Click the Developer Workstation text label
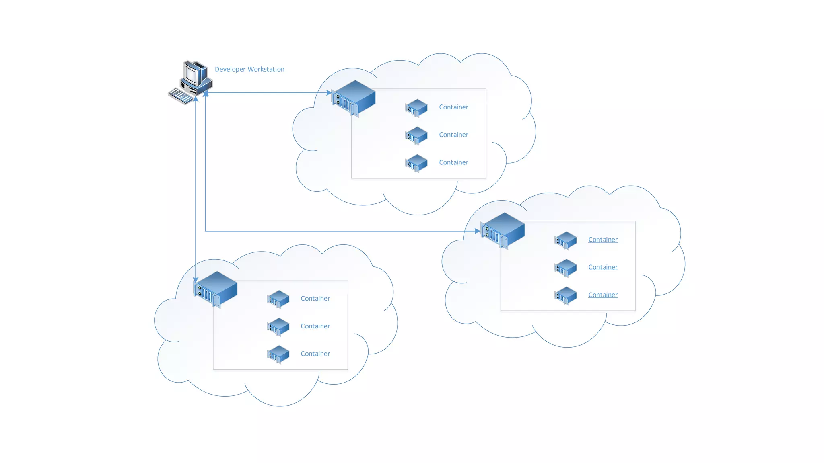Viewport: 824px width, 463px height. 249,69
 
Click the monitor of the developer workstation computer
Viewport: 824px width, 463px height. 192,75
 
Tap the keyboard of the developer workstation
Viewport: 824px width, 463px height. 181,96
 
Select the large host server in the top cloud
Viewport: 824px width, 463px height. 354,98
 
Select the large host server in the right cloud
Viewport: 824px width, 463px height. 503,230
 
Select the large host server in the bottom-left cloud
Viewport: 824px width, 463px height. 216,289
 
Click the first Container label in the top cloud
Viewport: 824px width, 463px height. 453,107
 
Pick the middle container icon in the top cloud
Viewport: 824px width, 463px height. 416,135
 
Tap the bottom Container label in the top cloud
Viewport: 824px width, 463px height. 453,162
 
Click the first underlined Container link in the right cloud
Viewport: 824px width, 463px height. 603,240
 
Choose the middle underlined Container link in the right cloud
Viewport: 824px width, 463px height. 603,267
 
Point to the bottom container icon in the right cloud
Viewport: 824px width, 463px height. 565,295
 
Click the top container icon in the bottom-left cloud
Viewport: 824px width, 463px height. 278,299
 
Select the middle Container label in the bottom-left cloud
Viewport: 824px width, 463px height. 315,326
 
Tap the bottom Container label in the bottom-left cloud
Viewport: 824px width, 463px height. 315,354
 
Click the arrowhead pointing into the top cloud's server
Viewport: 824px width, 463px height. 329,93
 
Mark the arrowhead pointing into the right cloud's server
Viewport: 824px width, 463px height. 477,231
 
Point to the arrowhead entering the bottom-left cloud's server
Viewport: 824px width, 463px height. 196,280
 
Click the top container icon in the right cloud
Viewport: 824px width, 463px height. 565,240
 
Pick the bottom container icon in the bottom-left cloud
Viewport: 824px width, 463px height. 278,354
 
